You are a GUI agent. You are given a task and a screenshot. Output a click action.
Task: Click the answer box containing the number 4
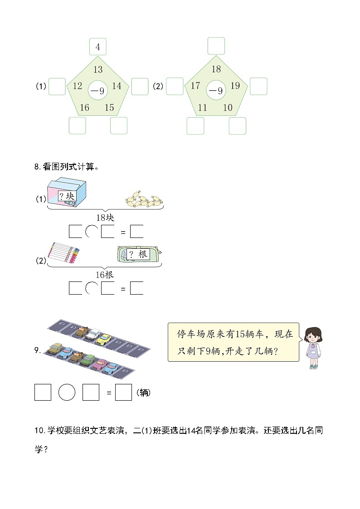(98, 47)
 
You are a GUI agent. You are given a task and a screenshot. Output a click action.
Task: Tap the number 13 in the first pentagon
(98, 69)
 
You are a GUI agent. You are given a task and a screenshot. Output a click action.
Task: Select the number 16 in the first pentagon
(85, 107)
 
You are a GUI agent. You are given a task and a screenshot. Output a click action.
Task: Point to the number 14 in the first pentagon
(117, 86)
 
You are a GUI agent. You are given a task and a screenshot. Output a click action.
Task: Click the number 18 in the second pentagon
(216, 69)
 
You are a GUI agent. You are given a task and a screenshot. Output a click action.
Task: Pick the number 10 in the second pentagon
(228, 107)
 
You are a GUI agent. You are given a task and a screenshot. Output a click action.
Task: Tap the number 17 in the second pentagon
(195, 86)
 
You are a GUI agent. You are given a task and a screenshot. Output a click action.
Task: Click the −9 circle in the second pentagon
(216, 91)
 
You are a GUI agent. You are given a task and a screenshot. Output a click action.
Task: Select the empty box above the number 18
(216, 46)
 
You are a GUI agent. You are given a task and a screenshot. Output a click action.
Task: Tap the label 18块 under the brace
(105, 218)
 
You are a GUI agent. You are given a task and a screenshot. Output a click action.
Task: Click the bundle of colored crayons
(63, 252)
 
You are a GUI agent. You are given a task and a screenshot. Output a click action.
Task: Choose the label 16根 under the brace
(105, 275)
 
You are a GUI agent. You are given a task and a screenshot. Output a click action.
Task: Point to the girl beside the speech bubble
(313, 347)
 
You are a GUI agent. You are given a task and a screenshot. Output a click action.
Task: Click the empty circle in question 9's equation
(67, 393)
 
